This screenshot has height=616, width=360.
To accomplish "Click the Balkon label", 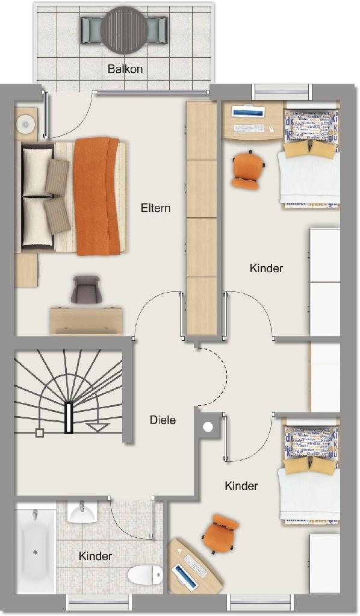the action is [x=125, y=69].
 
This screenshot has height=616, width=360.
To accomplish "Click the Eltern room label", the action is [x=155, y=208].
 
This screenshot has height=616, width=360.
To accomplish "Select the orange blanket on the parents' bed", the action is [x=96, y=196].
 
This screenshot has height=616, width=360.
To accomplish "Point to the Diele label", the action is [x=163, y=420].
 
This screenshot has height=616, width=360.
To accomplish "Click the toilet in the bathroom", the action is [x=145, y=574].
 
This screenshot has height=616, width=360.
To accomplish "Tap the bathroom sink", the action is [x=82, y=511].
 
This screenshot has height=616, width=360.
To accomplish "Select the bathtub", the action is [x=36, y=550].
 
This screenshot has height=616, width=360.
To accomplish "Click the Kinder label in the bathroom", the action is [x=95, y=556].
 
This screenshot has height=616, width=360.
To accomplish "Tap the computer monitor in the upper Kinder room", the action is [x=247, y=113].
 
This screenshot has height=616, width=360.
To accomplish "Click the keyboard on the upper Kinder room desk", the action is [x=249, y=128].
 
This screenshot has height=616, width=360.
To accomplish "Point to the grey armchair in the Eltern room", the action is [x=85, y=289].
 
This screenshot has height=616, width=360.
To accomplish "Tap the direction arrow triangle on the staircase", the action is [x=98, y=428].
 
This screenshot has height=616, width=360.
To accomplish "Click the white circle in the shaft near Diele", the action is [x=208, y=427].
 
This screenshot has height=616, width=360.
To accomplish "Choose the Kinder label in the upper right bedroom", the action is [x=266, y=269].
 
